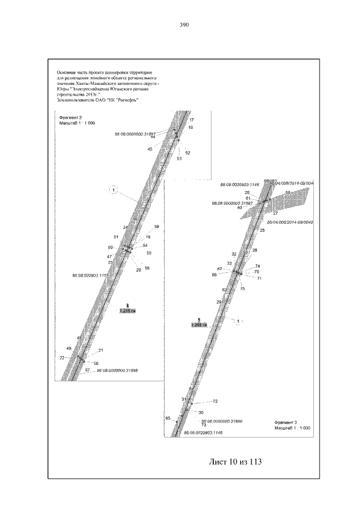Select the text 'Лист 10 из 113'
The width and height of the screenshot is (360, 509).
click(x=236, y=462)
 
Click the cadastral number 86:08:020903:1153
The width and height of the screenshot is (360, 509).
click(x=90, y=276)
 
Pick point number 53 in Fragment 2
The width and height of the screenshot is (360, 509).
click(x=179, y=159)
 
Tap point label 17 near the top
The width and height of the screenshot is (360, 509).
click(x=191, y=120)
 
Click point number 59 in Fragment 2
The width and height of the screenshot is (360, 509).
click(x=156, y=226)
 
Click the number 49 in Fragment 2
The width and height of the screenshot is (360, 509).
click(x=68, y=349)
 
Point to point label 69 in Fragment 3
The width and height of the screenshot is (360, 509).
click(x=287, y=193)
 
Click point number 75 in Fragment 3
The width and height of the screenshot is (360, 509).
click(x=242, y=289)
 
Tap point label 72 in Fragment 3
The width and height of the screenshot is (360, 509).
click(x=215, y=402)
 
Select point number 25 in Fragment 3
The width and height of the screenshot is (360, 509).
click(x=262, y=231)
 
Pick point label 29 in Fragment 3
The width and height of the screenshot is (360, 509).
click(x=219, y=303)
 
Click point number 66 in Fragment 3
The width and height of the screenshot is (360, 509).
click(x=214, y=275)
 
